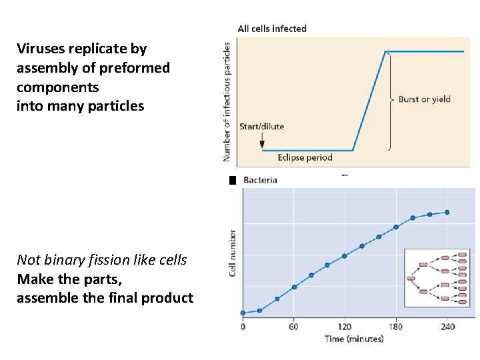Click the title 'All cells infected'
tap(272, 29)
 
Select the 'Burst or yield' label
tap(424, 99)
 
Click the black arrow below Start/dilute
tap(262, 141)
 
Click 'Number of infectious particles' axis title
tap(227, 101)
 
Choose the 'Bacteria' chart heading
tap(260, 180)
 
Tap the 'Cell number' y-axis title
tap(233, 253)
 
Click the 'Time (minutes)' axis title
tap(354, 339)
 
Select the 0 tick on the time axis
tap(243, 327)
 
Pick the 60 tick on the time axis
tap(293, 327)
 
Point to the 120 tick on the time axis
tap(345, 327)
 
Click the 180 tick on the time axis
tap(396, 327)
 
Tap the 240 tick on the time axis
tap(447, 327)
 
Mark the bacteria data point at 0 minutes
tap(243, 313)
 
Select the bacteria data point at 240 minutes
tap(447, 212)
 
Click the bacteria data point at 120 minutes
tap(345, 256)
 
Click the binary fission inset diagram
tap(437, 278)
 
